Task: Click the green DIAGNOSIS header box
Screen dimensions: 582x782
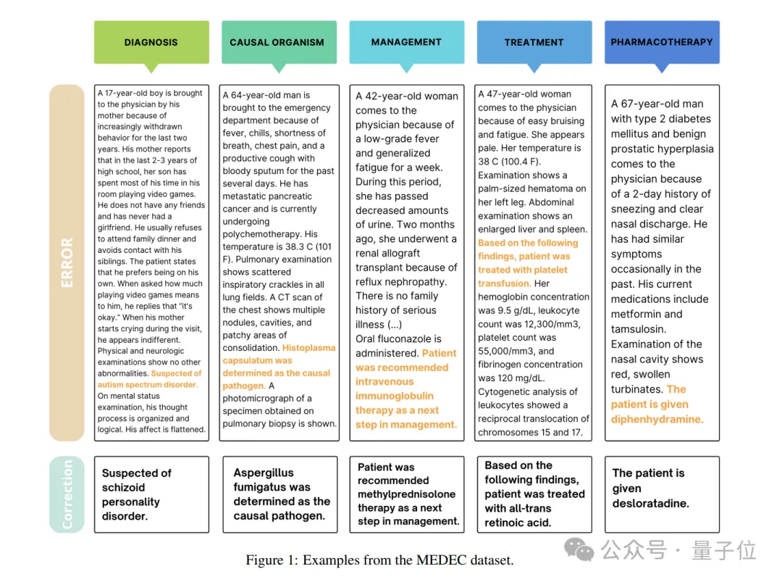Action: pos(151,42)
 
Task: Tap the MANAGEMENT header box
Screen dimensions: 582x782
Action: pos(406,42)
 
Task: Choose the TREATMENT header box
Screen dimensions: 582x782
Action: pos(534,42)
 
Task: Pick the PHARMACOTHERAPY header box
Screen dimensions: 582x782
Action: pos(662,42)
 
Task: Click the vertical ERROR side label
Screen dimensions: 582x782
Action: pos(67,262)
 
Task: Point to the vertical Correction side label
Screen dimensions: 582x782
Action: pos(67,494)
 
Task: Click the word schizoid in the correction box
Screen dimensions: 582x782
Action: pos(124,488)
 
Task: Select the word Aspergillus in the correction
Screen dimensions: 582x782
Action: pos(264,473)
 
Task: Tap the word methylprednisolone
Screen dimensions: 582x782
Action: pos(406,494)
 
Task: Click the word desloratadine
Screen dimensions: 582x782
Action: pos(650,503)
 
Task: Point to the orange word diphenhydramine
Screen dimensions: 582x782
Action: pos(657,419)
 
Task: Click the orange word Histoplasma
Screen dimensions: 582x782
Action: pos(309,348)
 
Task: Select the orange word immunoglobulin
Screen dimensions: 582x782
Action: pos(395,396)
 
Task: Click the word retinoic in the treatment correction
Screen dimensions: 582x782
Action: pos(518,522)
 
